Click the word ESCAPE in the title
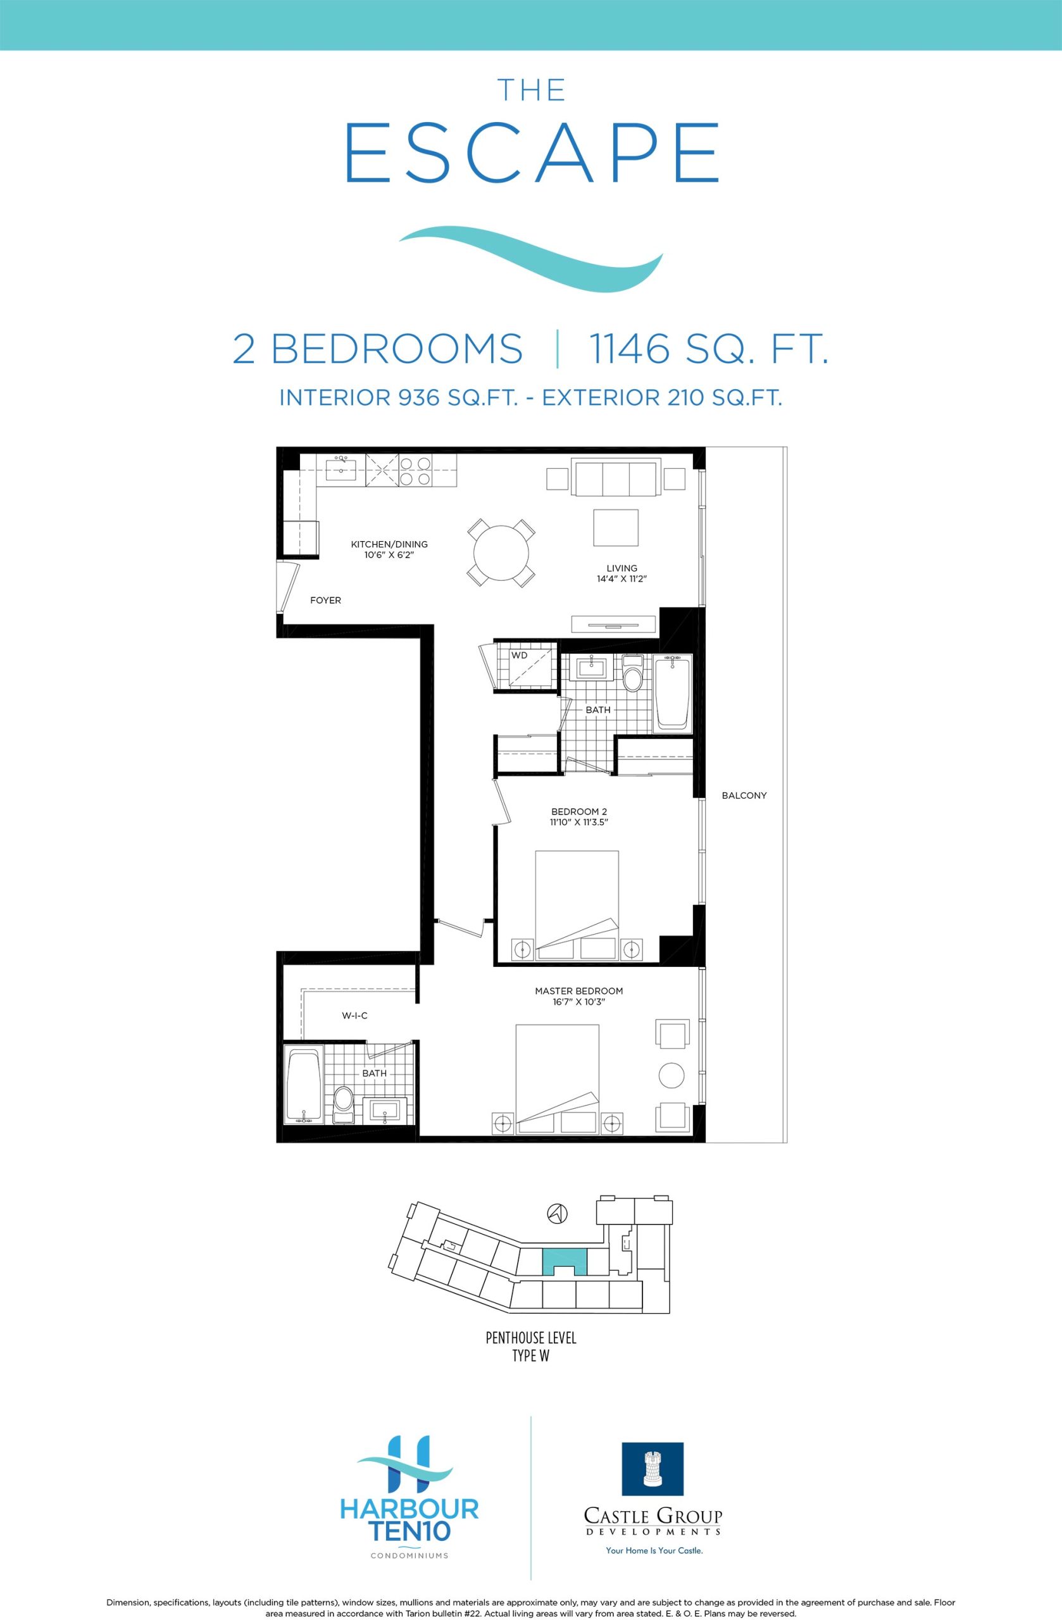(x=532, y=153)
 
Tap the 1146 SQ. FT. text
(x=708, y=349)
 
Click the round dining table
(x=501, y=552)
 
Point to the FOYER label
(x=325, y=601)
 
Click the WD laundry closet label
(x=520, y=656)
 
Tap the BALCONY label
(x=744, y=795)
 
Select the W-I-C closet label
(x=354, y=1016)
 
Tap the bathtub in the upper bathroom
(x=673, y=694)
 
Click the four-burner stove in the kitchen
(x=415, y=470)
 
